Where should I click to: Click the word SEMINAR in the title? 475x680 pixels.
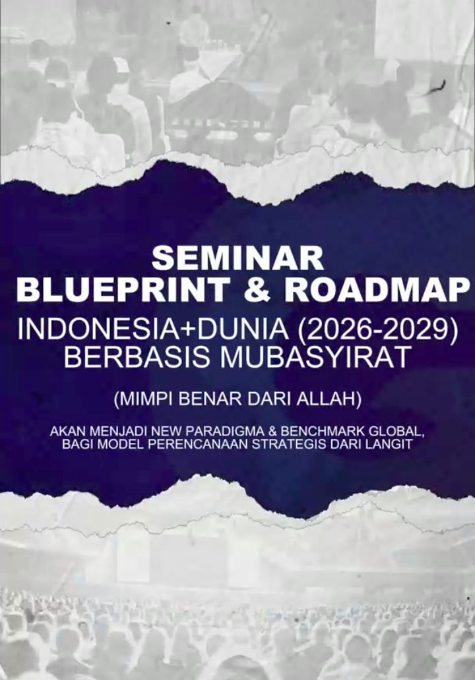click(237, 259)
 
